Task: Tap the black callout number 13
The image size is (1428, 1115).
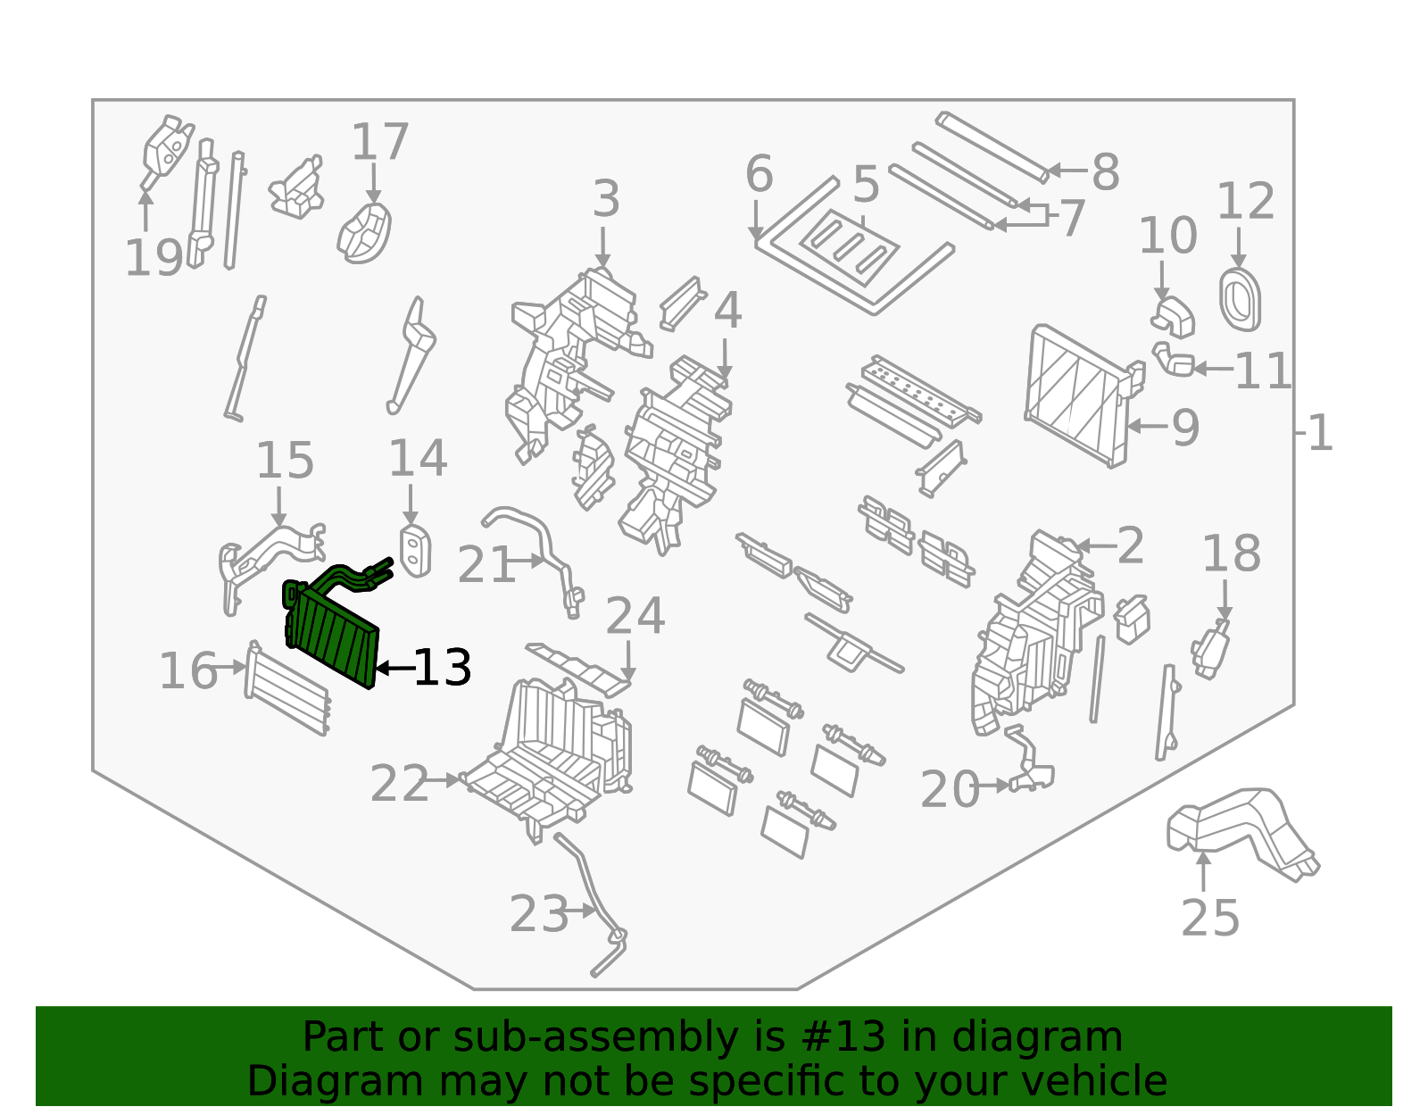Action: coord(443,668)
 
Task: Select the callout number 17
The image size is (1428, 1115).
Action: coord(380,143)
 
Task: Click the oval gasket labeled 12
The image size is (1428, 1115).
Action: coord(1240,299)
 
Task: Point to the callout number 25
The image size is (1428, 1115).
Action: coord(1210,918)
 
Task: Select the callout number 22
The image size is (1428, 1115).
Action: coord(399,786)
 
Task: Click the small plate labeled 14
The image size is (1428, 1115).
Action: coord(415,550)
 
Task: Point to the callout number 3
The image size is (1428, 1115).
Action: coord(606,199)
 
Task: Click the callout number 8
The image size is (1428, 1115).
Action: coord(1105,172)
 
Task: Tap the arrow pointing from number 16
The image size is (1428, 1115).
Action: coord(231,667)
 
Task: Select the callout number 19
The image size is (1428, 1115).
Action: coord(154,259)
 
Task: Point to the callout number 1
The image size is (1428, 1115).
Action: coord(1320,434)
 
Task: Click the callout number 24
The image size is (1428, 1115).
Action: coord(635,616)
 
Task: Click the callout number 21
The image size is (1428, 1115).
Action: coord(486,566)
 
